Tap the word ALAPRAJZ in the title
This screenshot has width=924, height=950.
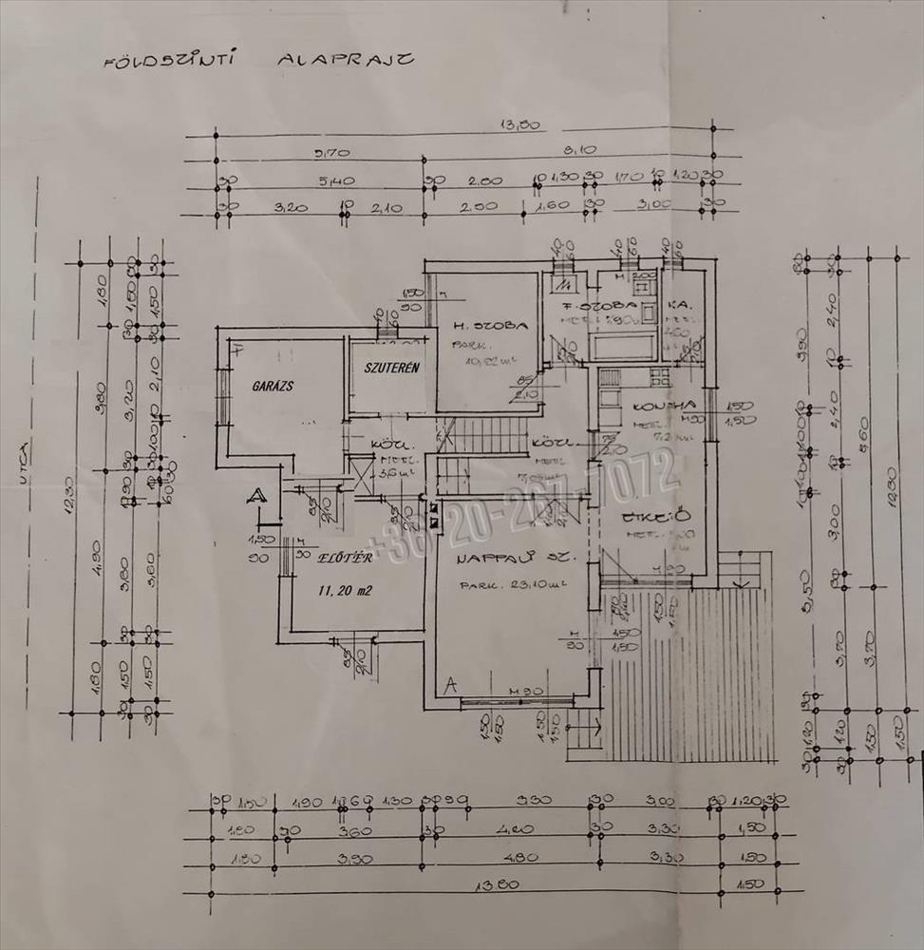pyautogui.click(x=345, y=60)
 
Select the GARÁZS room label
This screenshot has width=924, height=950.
pyautogui.click(x=271, y=388)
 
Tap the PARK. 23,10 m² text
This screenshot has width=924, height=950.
pyautogui.click(x=513, y=585)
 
